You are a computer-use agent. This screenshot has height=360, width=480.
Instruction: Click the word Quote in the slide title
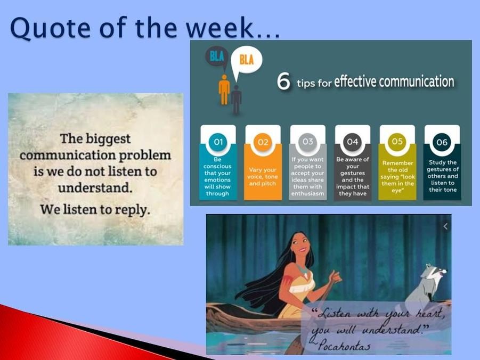pos(51,28)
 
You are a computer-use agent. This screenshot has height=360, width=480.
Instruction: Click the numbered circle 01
pos(218,142)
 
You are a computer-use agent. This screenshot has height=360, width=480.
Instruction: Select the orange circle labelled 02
pos(263,142)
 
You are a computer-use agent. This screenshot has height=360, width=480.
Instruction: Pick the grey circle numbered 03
pos(307,142)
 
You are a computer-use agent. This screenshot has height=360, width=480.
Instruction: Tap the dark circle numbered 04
pos(352,142)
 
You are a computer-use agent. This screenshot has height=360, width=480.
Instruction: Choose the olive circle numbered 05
pos(397,141)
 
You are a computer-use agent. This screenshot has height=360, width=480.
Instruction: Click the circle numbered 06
pos(442,142)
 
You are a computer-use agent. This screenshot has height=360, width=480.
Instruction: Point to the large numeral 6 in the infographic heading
pos(283,81)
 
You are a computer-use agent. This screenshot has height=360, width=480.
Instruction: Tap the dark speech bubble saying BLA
pos(217,56)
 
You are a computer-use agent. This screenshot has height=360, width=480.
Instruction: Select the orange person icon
pos(224,89)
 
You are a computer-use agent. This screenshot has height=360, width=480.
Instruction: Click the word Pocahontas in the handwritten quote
pos(344,345)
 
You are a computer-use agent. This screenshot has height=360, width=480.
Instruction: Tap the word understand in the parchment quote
pos(95,187)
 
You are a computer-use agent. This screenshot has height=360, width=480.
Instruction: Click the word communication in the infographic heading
pos(416,81)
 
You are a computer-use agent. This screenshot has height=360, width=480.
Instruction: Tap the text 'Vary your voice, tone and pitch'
pos(263,177)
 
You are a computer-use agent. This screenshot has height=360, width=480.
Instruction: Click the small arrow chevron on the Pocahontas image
pos(445,226)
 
